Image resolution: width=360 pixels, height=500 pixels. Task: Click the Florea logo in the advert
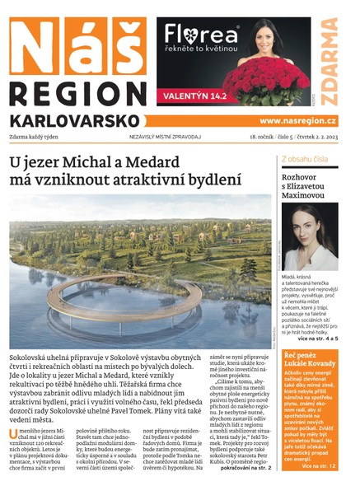[x=201, y=35]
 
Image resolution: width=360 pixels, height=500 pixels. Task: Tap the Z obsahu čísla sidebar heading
[x=304, y=158]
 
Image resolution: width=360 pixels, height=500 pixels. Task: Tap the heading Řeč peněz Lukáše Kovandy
[x=309, y=358]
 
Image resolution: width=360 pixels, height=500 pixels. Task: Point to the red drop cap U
[x=13, y=434]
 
